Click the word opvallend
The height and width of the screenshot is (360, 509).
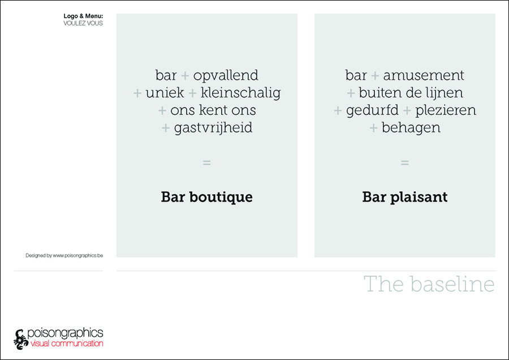tap(226, 76)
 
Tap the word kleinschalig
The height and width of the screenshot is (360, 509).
tap(240, 93)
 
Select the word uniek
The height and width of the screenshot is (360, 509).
tap(165, 93)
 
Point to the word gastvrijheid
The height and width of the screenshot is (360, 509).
tap(213, 128)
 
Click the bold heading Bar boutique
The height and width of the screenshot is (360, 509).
tap(207, 197)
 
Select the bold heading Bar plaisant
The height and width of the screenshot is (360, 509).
tap(405, 197)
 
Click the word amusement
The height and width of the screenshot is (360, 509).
tap(424, 76)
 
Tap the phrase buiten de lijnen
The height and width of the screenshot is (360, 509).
tap(411, 93)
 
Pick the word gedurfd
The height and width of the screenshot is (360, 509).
tap(372, 110)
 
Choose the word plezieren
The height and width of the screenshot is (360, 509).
tap(446, 110)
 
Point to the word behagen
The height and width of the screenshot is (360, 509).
tap(411, 128)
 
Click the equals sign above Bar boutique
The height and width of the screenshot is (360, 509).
tap(207, 162)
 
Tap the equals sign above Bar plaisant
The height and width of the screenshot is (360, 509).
tap(405, 162)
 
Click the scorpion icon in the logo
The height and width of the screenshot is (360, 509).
tap(21, 340)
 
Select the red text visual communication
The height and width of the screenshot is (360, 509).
tap(67, 344)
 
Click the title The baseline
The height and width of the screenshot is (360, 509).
tap(429, 284)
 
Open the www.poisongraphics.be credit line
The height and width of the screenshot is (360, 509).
tap(64, 255)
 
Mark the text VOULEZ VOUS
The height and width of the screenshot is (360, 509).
tap(83, 23)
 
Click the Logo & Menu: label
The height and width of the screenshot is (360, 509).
tap(83, 16)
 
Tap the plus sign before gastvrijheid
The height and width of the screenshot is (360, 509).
tap(166, 128)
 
